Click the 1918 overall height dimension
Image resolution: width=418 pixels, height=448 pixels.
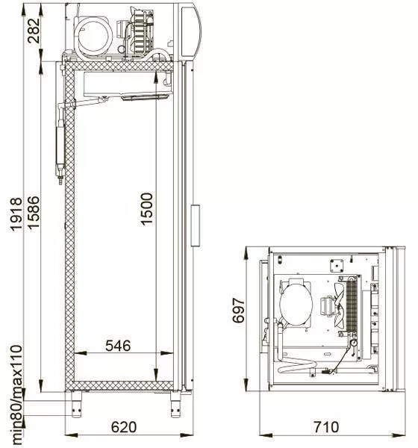coord(16,214)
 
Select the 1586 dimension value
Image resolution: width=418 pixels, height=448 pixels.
coord(33,212)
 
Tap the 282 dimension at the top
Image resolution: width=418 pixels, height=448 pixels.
coord(34,31)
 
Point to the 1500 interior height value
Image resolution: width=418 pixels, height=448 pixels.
coord(146,209)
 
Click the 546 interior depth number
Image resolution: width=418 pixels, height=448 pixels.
coord(118,346)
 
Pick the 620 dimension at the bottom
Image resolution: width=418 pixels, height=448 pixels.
coord(124,427)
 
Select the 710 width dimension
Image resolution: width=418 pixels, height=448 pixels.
coord(326,427)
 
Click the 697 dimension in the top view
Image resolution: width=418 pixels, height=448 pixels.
coord(239,311)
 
